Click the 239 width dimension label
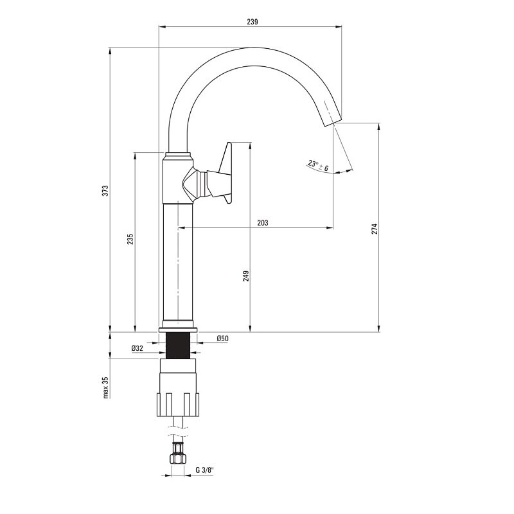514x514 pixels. (253, 22)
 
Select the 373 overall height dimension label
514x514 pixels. (105, 191)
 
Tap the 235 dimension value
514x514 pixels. (130, 239)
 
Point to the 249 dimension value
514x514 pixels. (246, 276)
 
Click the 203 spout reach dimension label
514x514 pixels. (263, 223)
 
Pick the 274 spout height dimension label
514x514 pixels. (375, 229)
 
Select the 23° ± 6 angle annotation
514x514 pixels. (318, 166)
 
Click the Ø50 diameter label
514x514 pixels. (222, 339)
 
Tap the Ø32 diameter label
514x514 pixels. (137, 348)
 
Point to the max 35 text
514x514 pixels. (105, 387)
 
